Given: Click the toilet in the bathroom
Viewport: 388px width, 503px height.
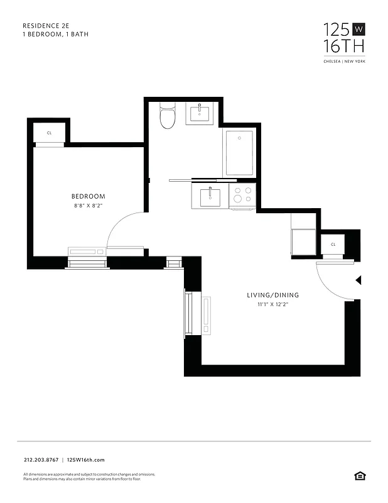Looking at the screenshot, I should click(x=167, y=116).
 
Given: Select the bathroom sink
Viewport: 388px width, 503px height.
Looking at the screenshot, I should click(x=201, y=114).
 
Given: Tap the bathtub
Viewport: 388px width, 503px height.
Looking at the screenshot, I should click(x=239, y=152).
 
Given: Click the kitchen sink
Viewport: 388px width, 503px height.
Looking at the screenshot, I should click(x=210, y=197).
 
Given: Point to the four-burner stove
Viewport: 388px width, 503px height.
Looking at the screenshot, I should click(x=243, y=196).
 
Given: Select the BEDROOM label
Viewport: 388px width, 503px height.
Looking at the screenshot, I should click(x=89, y=196).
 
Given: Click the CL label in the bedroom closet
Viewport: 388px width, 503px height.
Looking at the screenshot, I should click(x=49, y=133).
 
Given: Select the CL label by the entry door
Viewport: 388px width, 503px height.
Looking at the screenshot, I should click(x=333, y=244).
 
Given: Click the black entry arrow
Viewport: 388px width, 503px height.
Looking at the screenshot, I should click(x=358, y=280).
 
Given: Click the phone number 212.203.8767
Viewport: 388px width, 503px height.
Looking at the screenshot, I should click(x=40, y=460).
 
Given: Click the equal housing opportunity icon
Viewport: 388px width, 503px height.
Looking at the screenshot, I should click(x=359, y=476).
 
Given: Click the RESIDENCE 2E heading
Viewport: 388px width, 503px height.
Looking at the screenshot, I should click(x=46, y=26).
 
